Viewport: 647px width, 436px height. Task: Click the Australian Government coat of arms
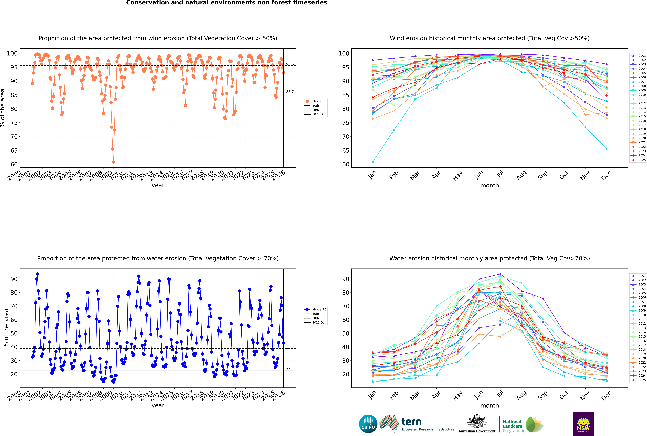click(x=477, y=421)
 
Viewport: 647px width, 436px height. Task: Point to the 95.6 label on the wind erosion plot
click(x=290, y=64)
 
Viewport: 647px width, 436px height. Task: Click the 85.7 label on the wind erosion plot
click(x=290, y=92)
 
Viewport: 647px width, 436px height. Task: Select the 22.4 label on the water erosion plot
click(x=290, y=370)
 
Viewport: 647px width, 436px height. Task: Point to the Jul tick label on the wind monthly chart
click(x=500, y=174)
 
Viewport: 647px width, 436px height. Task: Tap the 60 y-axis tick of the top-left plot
click(x=14, y=164)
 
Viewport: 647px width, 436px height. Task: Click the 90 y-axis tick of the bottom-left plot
click(x=14, y=279)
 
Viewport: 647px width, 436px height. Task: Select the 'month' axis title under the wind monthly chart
click(x=490, y=185)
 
